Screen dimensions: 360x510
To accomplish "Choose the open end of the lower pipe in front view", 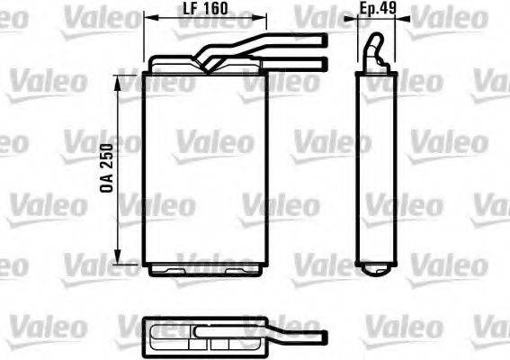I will point(322,61).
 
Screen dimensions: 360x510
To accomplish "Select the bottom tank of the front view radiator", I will point(206,267).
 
